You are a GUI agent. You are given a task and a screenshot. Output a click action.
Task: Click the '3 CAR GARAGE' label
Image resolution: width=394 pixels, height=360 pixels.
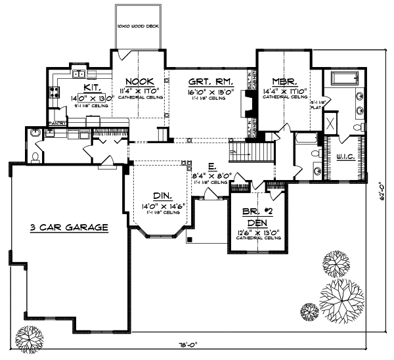[68, 227]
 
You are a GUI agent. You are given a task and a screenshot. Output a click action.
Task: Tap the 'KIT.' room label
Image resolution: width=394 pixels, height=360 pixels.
[91, 87]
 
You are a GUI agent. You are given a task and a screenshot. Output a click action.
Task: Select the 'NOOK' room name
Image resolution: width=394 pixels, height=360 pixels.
[135, 82]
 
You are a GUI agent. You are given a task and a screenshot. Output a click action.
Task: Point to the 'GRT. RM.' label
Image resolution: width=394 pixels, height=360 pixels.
[204, 82]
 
